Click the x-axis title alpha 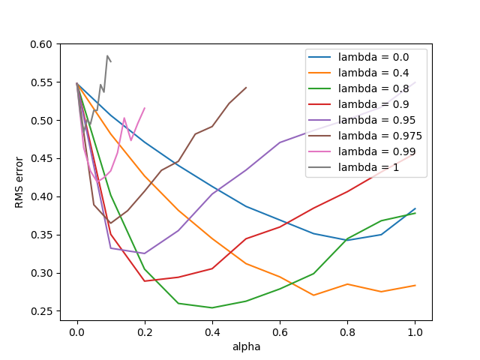(x=246, y=347)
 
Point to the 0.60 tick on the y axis (x=43, y=44)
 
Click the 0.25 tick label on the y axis (x=43, y=311)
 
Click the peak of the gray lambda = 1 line (x=107, y=55)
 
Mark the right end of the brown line (x=246, y=87)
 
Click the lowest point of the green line (x=212, y=307)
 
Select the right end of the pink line (x=145, y=108)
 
